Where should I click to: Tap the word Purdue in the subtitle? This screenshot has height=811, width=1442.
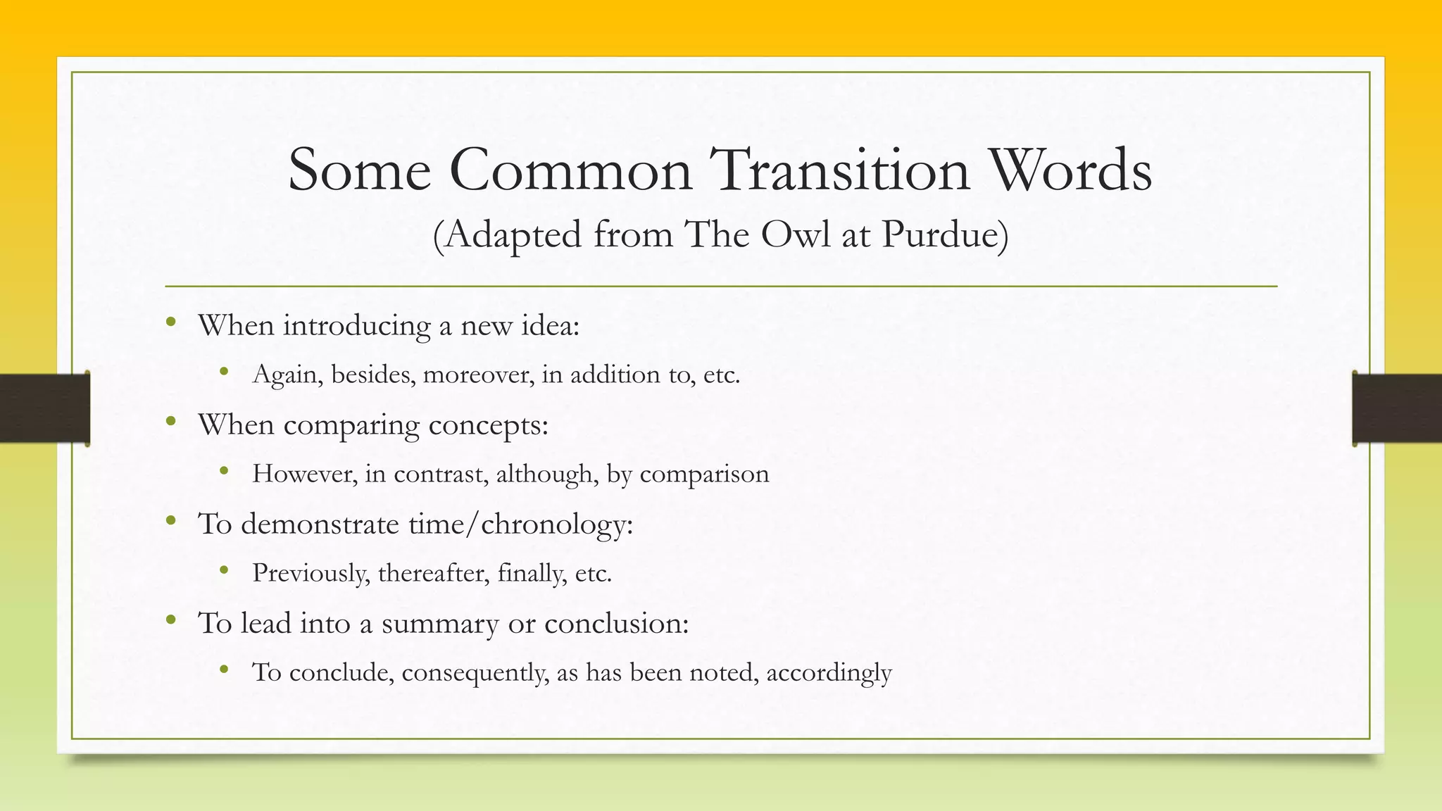tap(944, 234)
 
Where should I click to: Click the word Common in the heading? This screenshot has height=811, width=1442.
tap(571, 170)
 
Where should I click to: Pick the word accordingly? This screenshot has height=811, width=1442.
tap(829, 673)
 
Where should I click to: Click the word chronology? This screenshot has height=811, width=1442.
tap(557, 524)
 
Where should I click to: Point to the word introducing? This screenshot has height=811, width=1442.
tap(357, 326)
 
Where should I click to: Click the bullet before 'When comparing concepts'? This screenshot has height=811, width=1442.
tap(170, 422)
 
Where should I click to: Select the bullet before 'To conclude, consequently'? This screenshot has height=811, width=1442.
tap(224, 669)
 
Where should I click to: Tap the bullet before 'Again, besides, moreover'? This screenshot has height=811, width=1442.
tap(224, 371)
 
